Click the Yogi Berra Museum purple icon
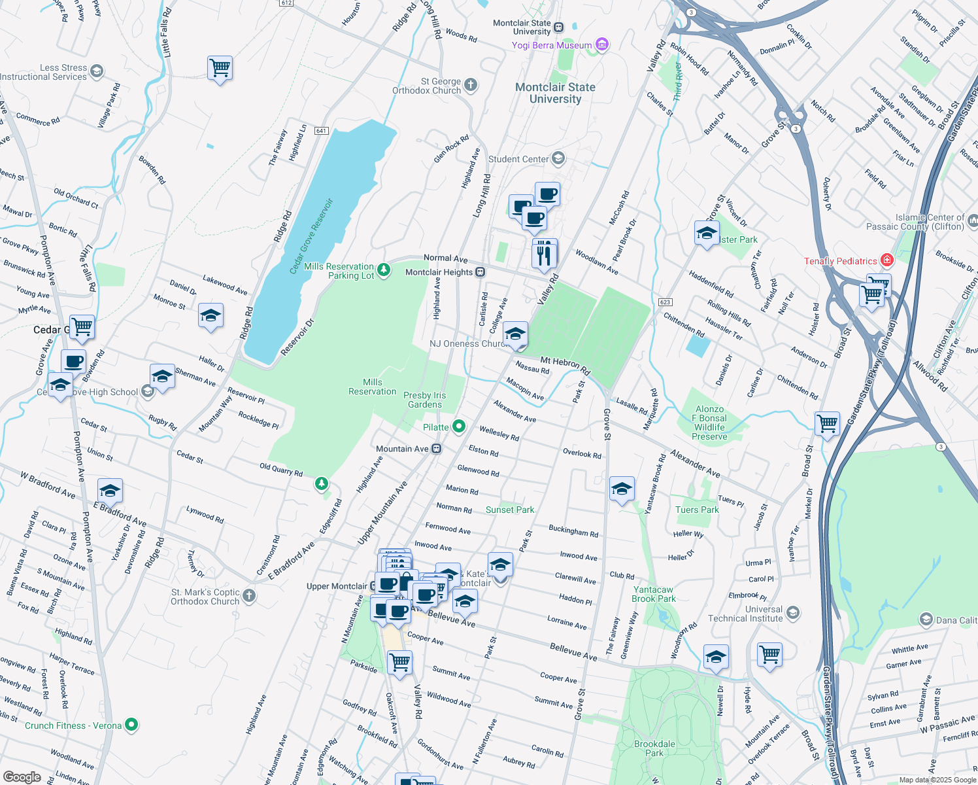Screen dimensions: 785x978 point(602,44)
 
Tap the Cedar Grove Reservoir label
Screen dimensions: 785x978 point(311,236)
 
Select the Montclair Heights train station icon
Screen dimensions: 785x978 point(480,272)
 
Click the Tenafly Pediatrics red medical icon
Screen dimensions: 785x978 point(886,260)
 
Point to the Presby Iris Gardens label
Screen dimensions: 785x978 point(425,400)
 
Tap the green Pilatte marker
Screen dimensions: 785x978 point(459,427)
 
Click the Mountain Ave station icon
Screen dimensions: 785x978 point(436,449)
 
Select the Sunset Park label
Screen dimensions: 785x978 point(510,510)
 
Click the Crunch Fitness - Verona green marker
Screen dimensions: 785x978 point(131,725)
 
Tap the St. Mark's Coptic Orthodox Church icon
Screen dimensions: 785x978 point(249,595)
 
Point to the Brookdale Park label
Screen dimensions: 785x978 point(654,748)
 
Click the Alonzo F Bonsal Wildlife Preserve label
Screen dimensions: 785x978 point(709,423)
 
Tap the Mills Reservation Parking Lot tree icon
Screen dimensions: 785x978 point(384,270)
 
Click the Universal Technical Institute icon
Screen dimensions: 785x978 point(793,613)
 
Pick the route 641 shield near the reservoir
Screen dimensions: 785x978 point(321,131)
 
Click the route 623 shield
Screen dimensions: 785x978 point(666,302)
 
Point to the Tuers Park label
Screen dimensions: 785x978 point(697,510)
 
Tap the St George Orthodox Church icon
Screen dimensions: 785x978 point(471,85)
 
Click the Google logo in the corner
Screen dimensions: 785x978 point(22,777)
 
